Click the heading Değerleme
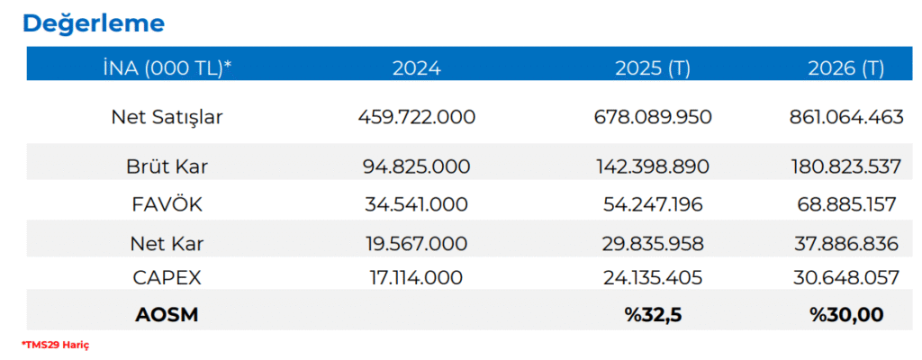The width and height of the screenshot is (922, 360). pyautogui.click(x=94, y=23)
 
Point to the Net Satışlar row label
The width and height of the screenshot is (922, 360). pyautogui.click(x=167, y=117)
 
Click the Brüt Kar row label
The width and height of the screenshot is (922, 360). pyautogui.click(x=167, y=167)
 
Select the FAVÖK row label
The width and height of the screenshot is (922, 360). pyautogui.click(x=167, y=204)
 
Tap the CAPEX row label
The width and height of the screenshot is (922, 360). pyautogui.click(x=167, y=278)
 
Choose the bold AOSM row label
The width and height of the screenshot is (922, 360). pyautogui.click(x=167, y=315)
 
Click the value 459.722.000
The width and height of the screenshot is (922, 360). pyautogui.click(x=416, y=117)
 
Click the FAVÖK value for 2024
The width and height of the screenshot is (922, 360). pyautogui.click(x=416, y=204)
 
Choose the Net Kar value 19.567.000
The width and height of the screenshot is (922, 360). pyautogui.click(x=416, y=242)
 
